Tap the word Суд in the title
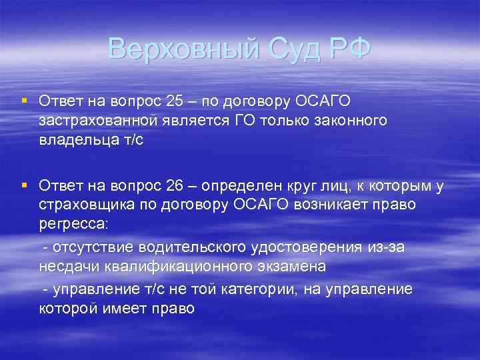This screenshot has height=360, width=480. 288,49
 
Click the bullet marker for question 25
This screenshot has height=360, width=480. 24,101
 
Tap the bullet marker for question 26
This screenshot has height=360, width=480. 24,185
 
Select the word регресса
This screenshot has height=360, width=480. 70,223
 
